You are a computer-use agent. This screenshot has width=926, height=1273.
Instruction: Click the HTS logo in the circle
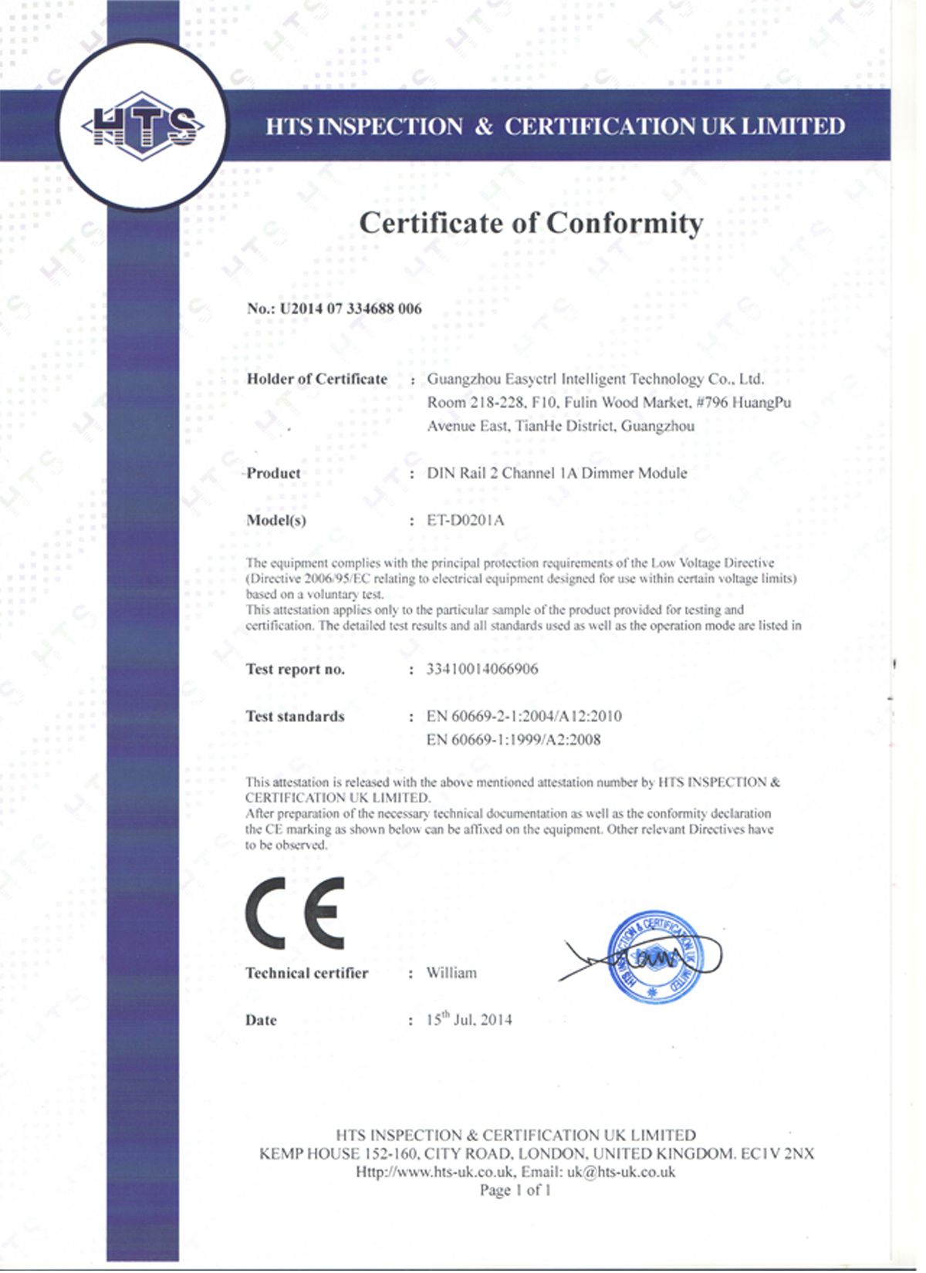coord(143,126)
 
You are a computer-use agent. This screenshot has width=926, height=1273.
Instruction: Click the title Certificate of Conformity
coord(531,223)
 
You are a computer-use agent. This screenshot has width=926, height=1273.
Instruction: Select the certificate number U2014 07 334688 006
coord(350,309)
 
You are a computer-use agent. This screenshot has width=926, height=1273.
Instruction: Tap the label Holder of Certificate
coord(316,379)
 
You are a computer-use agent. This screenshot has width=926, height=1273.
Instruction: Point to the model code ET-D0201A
coord(465,520)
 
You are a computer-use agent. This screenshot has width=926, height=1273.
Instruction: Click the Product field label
coord(274,473)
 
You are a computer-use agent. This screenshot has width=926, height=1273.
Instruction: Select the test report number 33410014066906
coord(482,669)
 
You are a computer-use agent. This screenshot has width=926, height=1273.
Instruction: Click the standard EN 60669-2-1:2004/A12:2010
coord(524,716)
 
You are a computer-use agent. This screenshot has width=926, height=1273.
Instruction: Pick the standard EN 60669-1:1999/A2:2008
coord(513,740)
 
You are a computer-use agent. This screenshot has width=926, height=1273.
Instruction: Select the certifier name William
coord(451,973)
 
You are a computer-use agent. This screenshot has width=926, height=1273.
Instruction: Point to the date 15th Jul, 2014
coord(469,1020)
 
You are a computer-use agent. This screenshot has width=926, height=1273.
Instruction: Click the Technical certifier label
coord(306,973)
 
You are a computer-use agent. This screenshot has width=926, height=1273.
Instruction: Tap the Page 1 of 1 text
coord(515,1190)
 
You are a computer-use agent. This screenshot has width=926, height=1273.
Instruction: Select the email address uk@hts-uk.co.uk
coord(621,1172)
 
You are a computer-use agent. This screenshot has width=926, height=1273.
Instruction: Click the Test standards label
coord(295,716)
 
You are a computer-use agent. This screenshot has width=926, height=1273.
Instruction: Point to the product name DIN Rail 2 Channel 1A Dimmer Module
coord(556,473)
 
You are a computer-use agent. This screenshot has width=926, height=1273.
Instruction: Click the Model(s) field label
coord(275,520)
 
